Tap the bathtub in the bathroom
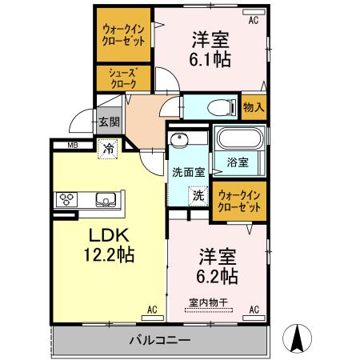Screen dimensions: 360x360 pyautogui.click(x=241, y=138)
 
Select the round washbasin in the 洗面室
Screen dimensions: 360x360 pyautogui.click(x=179, y=139)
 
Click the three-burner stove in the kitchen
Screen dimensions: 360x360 pyautogui.click(x=66, y=200)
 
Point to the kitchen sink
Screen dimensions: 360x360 pyautogui.click(x=106, y=200)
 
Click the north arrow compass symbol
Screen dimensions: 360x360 pyautogui.click(x=297, y=338)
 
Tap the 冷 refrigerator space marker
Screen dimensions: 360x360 pyautogui.click(x=108, y=149)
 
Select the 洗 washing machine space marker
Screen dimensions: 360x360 pyautogui.click(x=198, y=196)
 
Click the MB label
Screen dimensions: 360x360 pyautogui.click(x=73, y=146)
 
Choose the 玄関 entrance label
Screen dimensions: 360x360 pyautogui.click(x=109, y=122)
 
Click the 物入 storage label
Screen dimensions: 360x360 pyautogui.click(x=254, y=107)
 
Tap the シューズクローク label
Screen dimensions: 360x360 pyautogui.click(x=123, y=78)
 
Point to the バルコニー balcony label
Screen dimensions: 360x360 pyautogui.click(x=160, y=340)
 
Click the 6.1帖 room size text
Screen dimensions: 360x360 pyautogui.click(x=210, y=59)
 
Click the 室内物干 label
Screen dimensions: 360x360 pyautogui.click(x=208, y=302)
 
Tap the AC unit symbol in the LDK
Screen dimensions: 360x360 pyautogui.click(x=152, y=318)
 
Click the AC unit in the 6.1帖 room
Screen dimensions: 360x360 pyautogui.click(x=254, y=12)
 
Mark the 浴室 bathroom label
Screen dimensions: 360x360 pyautogui.click(x=238, y=162)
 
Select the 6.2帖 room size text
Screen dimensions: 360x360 pyautogui.click(x=217, y=276)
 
